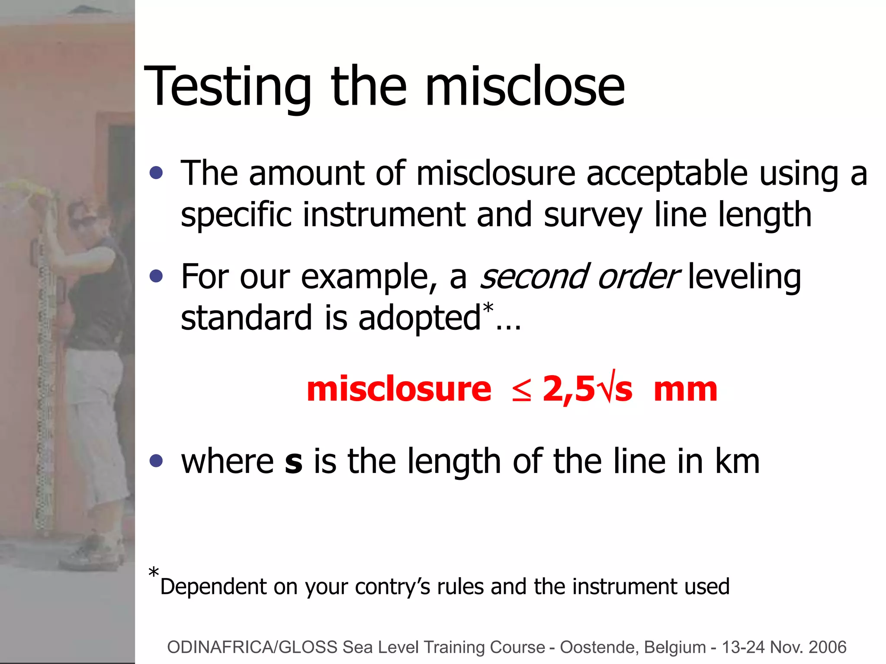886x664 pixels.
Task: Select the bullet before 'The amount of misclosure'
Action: [x=156, y=173]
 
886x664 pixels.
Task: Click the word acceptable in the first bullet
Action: [x=667, y=174]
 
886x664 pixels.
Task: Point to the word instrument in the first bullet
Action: [x=384, y=215]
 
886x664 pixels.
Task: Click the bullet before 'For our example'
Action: [x=156, y=276]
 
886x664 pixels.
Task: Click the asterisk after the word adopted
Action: [x=488, y=308]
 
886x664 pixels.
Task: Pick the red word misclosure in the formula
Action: [x=399, y=389]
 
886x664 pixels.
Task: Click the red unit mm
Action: [x=685, y=389]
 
